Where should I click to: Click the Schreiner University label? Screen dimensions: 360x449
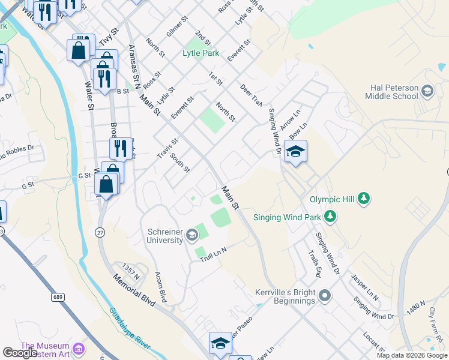click(x=165, y=236)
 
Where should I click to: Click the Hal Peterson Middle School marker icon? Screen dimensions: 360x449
click(x=427, y=91)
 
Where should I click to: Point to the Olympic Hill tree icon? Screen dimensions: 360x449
click(x=363, y=198)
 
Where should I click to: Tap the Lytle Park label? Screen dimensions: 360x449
click(x=201, y=53)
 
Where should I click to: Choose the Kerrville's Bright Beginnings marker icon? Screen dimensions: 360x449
click(x=325, y=295)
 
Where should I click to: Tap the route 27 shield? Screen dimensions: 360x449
click(x=100, y=231)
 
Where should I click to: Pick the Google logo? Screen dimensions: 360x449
click(x=20, y=353)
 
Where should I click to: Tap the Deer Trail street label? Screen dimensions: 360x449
click(x=252, y=95)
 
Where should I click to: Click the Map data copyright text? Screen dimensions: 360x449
click(x=412, y=355)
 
